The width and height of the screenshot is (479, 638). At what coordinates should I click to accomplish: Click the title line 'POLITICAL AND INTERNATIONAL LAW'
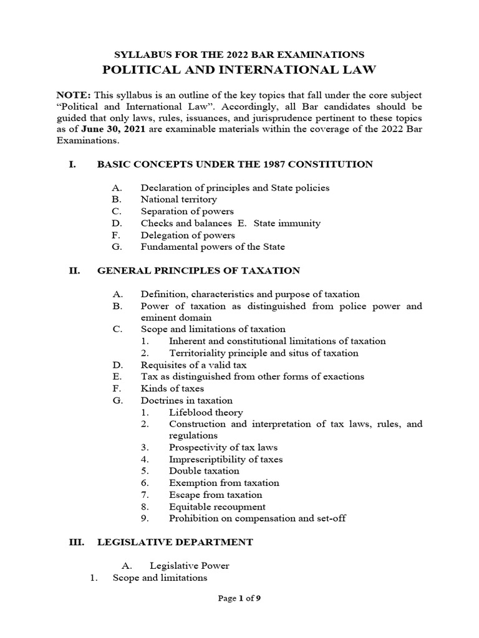coord(239,70)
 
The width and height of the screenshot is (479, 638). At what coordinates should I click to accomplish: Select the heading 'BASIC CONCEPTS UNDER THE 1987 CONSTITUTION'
coord(235,164)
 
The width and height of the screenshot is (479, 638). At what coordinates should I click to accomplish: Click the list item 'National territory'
coord(179,199)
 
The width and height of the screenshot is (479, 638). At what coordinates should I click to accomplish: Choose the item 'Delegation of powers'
coord(188,235)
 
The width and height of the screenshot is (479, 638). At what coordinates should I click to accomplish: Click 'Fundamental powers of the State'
coord(213,247)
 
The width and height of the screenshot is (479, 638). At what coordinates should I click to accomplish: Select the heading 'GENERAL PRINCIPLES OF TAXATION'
coord(198,270)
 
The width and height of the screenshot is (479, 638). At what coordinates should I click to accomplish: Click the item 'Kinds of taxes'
coord(172,388)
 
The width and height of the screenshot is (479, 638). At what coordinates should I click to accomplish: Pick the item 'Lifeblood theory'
coord(206,412)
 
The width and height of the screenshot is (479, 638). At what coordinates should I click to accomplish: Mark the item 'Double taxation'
coord(204,471)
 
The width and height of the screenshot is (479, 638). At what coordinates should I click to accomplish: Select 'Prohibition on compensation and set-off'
coord(257,518)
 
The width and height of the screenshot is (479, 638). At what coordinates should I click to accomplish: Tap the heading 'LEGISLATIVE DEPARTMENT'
coord(175,542)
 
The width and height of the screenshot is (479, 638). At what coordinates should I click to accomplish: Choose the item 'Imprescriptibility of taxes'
coord(226,459)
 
